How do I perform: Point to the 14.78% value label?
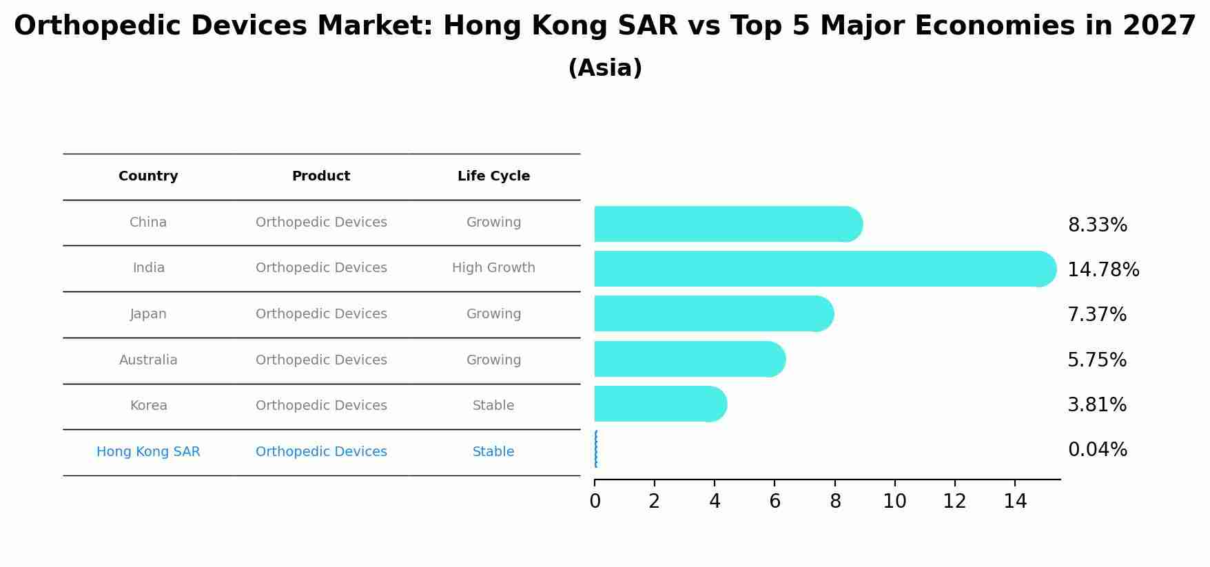(x=1103, y=270)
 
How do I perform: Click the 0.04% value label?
(x=1097, y=450)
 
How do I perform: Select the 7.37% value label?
(x=1096, y=315)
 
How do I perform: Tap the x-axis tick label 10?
(x=894, y=502)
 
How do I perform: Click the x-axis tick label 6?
(x=775, y=502)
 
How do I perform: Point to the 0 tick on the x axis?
(x=595, y=502)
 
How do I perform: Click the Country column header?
(x=148, y=176)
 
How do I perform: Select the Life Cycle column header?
(x=493, y=176)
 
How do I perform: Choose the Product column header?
(x=321, y=176)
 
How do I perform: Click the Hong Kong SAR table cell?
(x=148, y=452)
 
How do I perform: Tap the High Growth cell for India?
(x=493, y=268)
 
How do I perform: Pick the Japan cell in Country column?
(x=148, y=314)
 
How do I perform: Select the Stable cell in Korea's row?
(x=493, y=406)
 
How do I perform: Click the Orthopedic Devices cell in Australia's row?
(x=321, y=360)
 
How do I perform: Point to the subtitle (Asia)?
(x=605, y=68)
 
